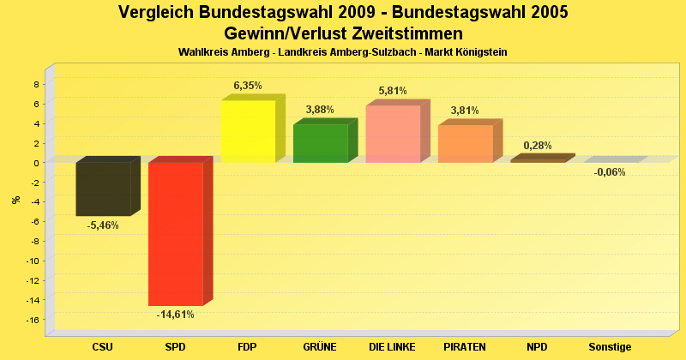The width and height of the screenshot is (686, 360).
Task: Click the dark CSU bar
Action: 103,189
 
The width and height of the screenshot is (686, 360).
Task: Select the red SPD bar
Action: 176,233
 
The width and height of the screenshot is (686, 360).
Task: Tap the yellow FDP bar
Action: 248,131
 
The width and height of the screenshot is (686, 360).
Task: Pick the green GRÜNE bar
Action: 320,143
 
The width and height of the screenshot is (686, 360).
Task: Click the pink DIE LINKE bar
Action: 393,134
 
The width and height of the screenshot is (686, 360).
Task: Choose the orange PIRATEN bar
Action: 465,143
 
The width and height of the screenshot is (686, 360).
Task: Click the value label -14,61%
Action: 175,315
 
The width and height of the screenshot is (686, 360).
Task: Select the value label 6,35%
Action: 248,86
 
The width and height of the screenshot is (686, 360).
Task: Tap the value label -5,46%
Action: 103,225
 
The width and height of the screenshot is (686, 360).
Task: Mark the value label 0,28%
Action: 538,146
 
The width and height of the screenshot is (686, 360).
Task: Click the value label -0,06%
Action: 610,172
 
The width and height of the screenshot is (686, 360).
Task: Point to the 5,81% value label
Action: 393,91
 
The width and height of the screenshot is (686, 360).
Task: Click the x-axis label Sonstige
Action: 610,347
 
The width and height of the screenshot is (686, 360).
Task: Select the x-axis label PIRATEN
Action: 465,347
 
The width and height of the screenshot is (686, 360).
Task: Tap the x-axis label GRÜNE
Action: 320,347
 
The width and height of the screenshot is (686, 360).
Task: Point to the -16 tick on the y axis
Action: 34,320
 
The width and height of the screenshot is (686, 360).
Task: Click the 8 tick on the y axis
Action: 36,84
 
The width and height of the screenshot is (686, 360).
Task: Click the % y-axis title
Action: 15,200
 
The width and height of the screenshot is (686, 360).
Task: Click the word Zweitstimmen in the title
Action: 406,33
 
